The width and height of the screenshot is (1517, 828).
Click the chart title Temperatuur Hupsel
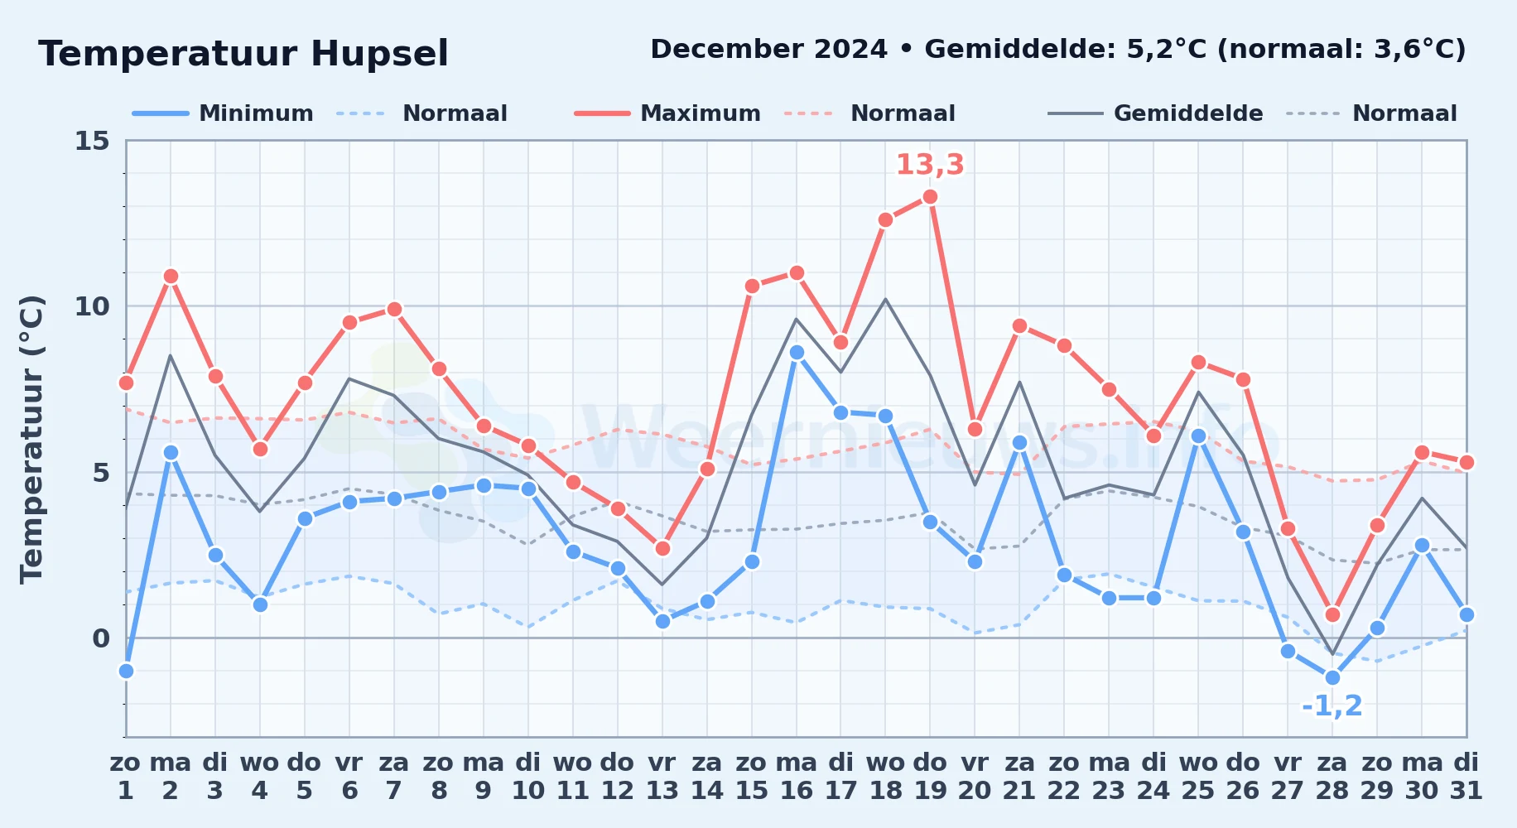click(243, 54)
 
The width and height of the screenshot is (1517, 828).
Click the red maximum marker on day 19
click(930, 197)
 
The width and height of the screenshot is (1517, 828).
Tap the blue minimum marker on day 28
click(1332, 677)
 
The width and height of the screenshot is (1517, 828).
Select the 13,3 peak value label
click(930, 165)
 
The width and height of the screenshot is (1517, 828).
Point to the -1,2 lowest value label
click(1332, 706)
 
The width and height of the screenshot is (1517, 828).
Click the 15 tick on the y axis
click(92, 141)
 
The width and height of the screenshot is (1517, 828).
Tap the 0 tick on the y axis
click(101, 638)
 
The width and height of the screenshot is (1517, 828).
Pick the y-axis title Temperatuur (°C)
click(31, 439)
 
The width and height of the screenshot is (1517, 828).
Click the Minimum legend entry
click(223, 113)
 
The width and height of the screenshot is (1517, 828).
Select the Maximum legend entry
click(667, 113)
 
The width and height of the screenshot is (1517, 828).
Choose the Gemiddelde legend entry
click(1155, 113)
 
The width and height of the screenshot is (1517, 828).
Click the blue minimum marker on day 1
click(126, 671)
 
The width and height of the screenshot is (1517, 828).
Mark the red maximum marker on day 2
click(171, 277)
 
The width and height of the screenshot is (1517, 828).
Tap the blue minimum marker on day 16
click(797, 353)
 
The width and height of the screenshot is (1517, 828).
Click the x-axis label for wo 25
click(1198, 777)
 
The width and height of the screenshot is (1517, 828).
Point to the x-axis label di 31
click(1466, 777)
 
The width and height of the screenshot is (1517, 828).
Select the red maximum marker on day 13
click(662, 548)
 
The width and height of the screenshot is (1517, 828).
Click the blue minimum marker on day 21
click(1019, 442)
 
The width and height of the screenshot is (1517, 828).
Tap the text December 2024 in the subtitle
click(769, 50)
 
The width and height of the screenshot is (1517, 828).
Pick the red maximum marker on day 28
click(1332, 614)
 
